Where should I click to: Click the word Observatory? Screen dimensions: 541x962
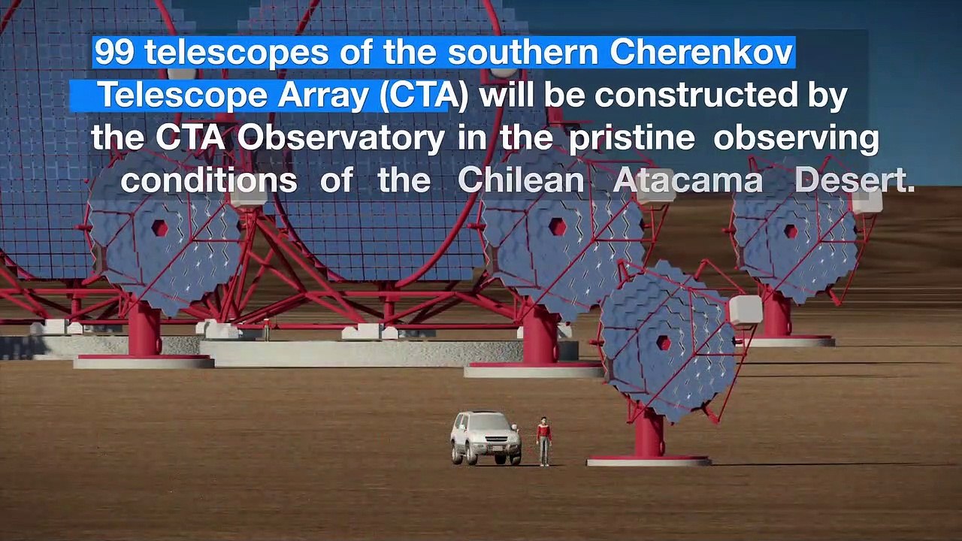pos(341,138)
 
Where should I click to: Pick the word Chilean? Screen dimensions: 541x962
pos(521,180)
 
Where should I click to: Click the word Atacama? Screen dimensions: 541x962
pos(688,180)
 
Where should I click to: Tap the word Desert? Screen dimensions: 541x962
pos(855,180)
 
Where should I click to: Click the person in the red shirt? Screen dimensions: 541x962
pos(543,440)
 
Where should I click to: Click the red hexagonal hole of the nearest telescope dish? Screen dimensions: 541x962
pos(664,343)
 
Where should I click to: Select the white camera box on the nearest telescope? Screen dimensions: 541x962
pos(745,310)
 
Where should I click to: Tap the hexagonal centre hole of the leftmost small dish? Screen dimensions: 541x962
pos(159,228)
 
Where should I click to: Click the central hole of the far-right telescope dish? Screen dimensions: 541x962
pos(791,231)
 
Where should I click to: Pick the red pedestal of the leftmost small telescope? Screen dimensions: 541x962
pos(144,331)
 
